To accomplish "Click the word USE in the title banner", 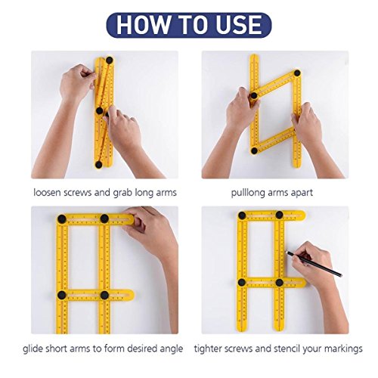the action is coord(239,25).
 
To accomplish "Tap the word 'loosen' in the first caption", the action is coord(47,193).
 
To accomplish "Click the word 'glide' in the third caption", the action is coord(33,349).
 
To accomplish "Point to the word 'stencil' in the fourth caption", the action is coord(284,349).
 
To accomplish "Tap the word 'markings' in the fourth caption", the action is coord(343,349).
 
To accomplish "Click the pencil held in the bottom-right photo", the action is coord(314,264).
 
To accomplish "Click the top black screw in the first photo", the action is coord(109,60).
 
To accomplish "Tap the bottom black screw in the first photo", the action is coord(98,165).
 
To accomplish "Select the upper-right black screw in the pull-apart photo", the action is coord(297,73).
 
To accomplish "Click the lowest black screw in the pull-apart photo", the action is coord(254,150).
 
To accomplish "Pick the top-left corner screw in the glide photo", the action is coord(62,219).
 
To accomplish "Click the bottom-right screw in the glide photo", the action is coord(104,295).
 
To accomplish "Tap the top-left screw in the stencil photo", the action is coord(242,215).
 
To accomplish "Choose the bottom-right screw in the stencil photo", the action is coord(279,283).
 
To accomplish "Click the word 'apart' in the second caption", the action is coord(302,194).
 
